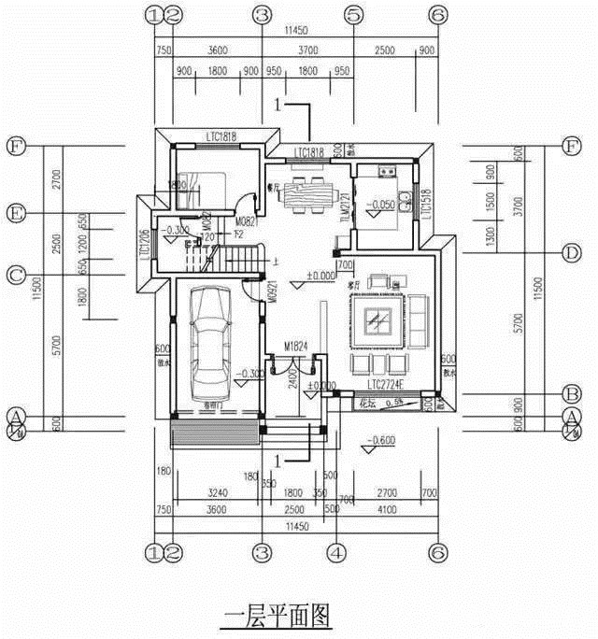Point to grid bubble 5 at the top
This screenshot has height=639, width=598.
353,15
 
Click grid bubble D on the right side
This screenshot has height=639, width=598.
572,253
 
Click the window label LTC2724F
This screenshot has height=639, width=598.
388,385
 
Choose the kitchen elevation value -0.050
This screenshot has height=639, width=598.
380,204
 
